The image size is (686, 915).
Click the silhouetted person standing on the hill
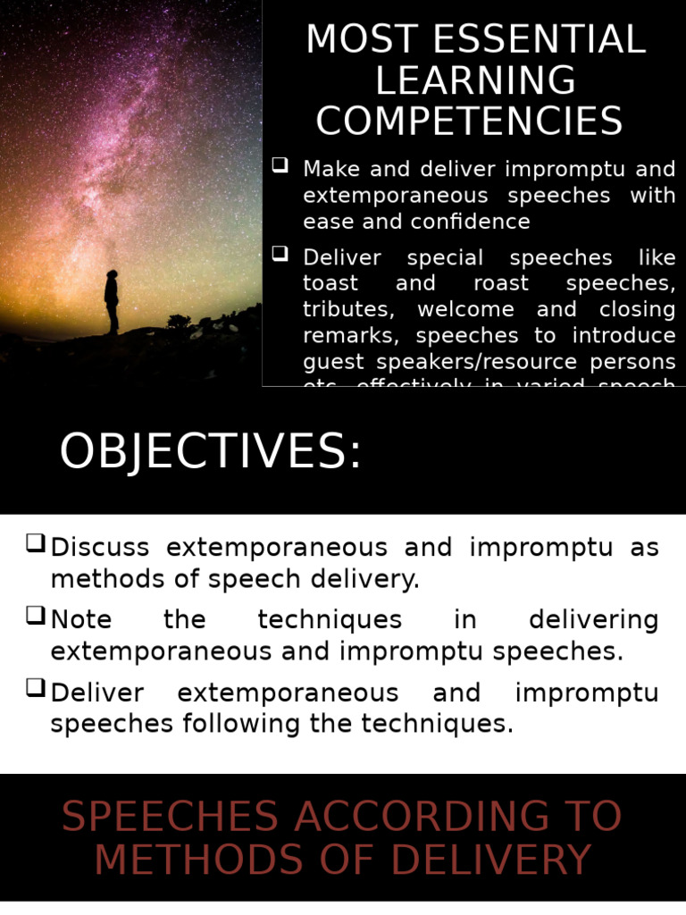point(112,301)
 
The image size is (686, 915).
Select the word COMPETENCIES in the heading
point(470,122)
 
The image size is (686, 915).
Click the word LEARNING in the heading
point(475,81)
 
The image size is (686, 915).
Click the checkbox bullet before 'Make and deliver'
point(280,166)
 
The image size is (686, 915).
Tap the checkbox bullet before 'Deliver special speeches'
point(280,256)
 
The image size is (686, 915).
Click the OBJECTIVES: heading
point(210,452)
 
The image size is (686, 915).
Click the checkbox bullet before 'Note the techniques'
point(36,616)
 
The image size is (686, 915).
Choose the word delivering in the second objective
point(593,619)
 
